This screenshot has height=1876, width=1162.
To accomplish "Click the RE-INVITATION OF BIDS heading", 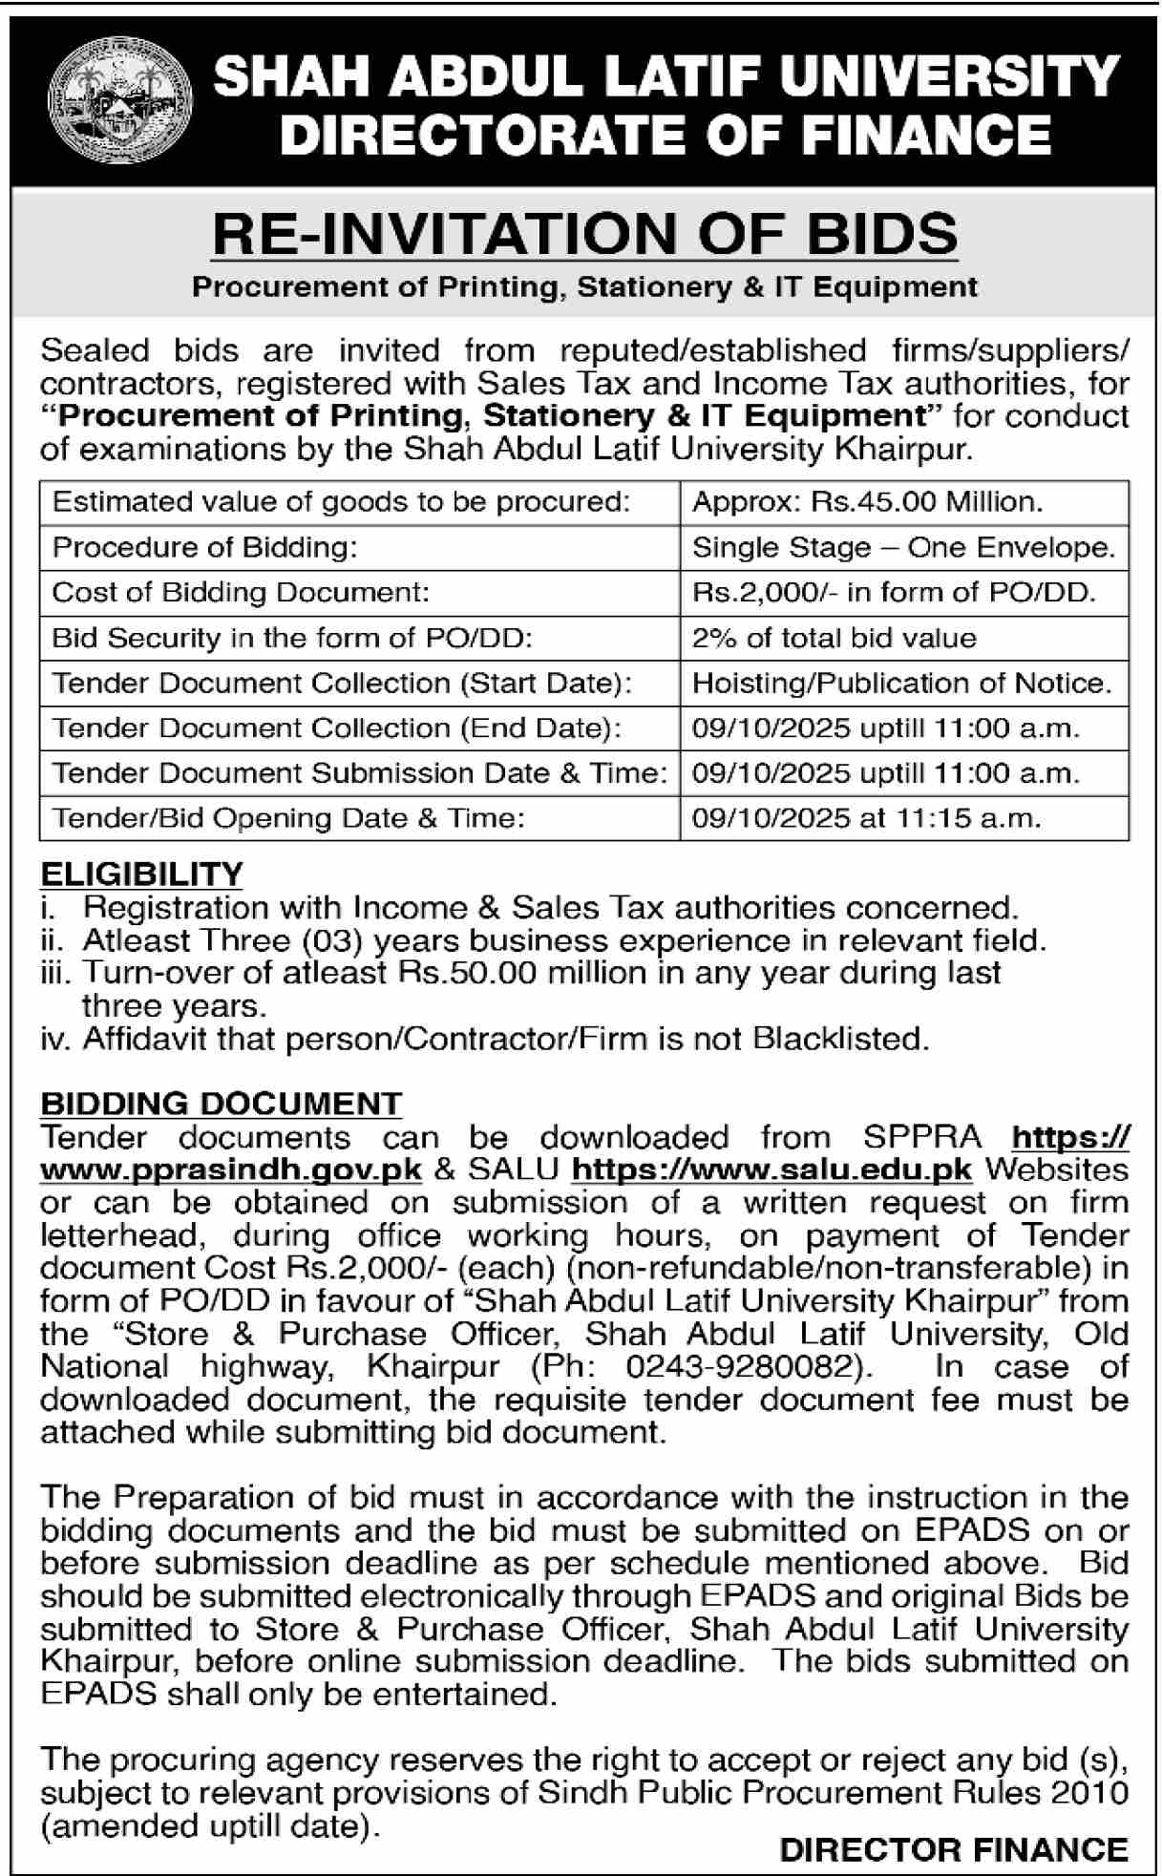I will pos(584,234).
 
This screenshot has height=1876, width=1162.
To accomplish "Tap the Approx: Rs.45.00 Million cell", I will pos(867,502).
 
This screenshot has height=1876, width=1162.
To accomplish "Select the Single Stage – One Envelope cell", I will pos(903,547).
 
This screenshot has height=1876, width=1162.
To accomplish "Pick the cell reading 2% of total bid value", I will pos(834,638).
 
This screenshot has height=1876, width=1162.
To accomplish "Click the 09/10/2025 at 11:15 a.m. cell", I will pos(866,818).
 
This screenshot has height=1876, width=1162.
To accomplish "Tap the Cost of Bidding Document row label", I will pos(241,592).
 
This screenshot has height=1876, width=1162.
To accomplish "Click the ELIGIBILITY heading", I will pos(141,874).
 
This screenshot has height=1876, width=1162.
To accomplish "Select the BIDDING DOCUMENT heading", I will pos(221,1104).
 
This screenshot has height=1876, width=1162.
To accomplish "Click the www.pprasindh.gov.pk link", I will pos(231,1170).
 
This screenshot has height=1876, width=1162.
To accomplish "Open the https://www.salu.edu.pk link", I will pos(771,1170).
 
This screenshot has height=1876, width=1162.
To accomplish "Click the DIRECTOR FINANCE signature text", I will pos(953,1849).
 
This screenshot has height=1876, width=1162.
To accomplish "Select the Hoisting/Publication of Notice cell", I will pos(902,683).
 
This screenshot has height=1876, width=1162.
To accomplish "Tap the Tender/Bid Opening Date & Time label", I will pos(288,818).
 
